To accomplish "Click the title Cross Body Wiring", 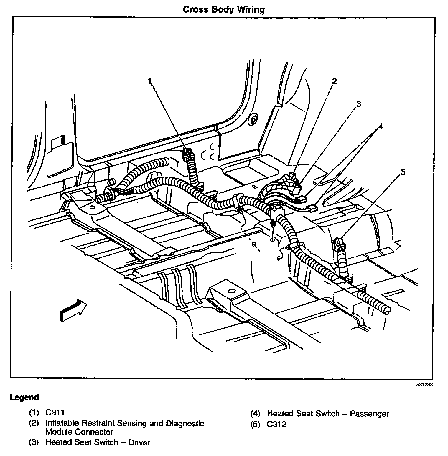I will click(224, 9).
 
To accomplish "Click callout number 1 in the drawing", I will click(150, 81).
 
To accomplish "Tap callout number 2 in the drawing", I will click(334, 81).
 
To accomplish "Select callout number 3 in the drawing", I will click(358, 104).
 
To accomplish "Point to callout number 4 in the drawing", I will click(381, 127).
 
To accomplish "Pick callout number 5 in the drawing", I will click(403, 172).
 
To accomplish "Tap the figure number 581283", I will click(424, 384).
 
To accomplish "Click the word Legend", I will click(24, 397).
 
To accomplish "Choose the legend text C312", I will click(276, 424).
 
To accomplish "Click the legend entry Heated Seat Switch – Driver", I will click(98, 442).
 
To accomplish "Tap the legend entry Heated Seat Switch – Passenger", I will click(328, 414).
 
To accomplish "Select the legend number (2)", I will click(34, 424).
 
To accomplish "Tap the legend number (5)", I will click(255, 424).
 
